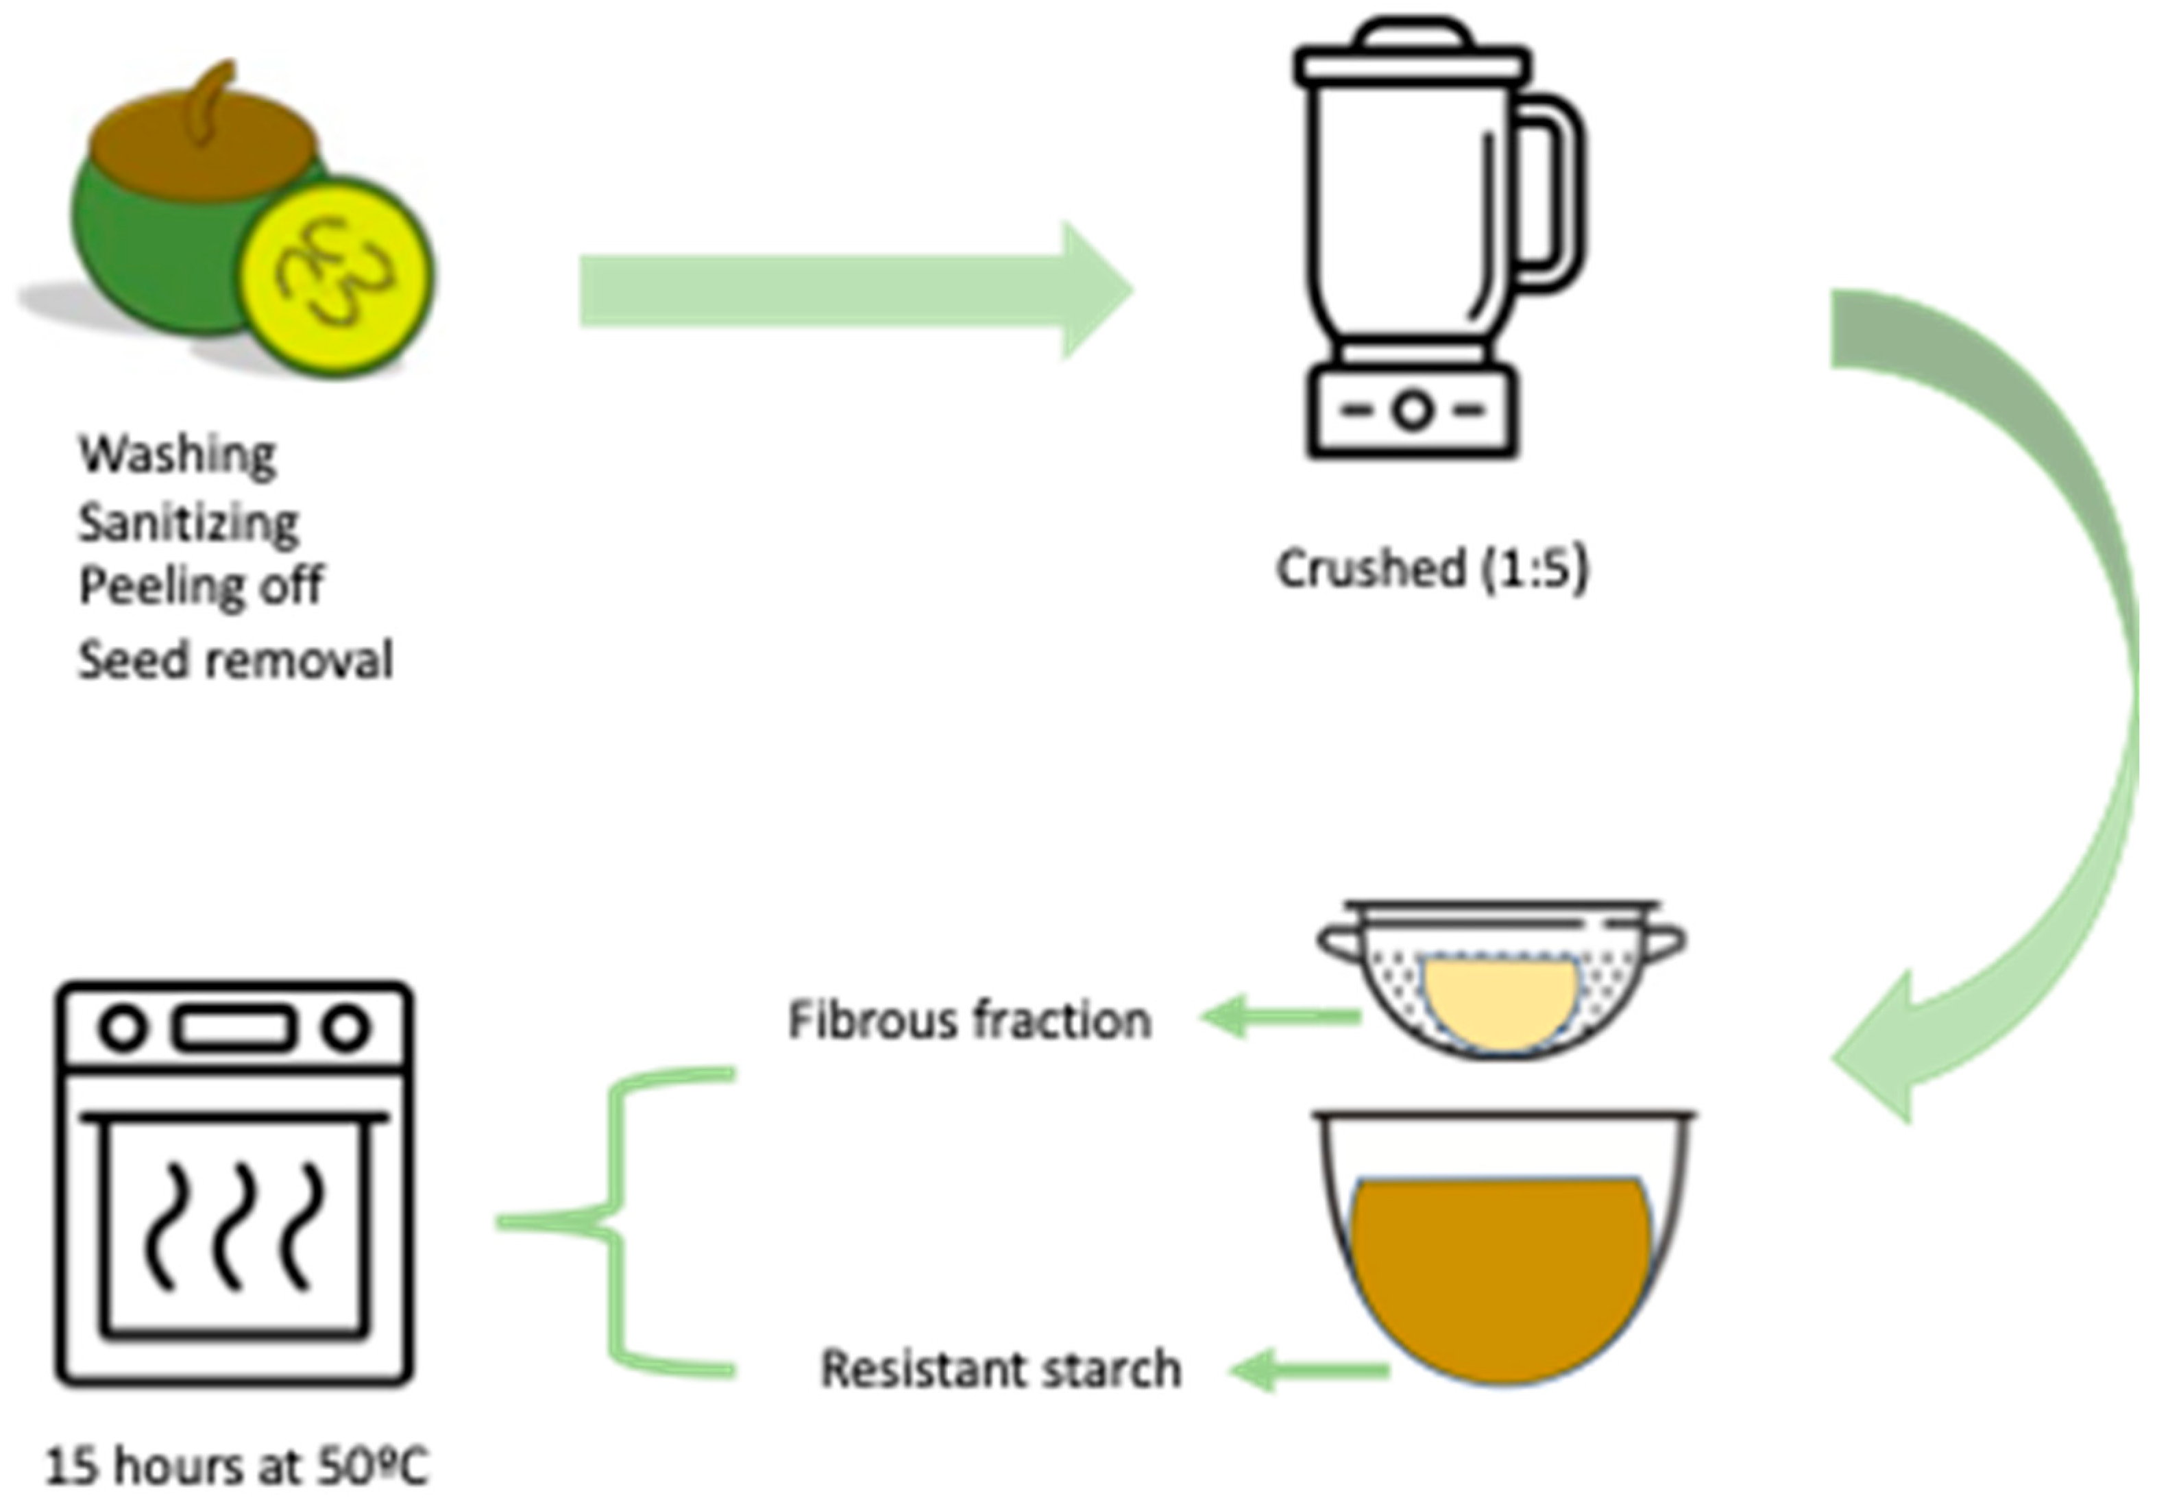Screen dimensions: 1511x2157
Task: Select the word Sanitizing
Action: (188, 523)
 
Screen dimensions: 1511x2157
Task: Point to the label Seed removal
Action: (235, 660)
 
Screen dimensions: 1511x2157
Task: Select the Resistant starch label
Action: (1001, 1369)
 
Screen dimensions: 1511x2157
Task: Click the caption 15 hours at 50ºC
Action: (236, 1466)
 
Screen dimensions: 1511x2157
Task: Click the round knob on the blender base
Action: (1413, 411)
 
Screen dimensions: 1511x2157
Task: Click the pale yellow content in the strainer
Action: (1500, 1002)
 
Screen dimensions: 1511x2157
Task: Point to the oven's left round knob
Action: (123, 1028)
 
